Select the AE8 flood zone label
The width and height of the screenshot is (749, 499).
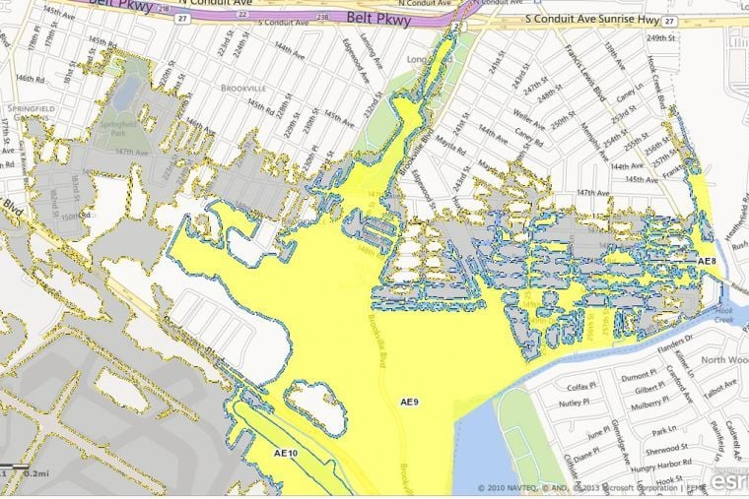pyautogui.click(x=705, y=261)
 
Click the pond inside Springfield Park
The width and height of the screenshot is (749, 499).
pyautogui.click(x=126, y=94)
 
